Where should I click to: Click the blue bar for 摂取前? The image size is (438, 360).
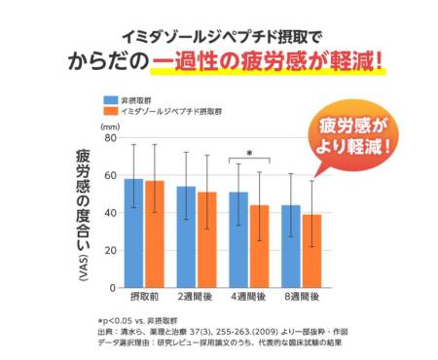(133, 234)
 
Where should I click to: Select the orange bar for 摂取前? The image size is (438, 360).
(154, 234)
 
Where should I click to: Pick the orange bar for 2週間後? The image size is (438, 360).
(206, 239)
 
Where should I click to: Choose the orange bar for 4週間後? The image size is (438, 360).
(259, 246)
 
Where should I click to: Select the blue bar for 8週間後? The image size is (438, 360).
(291, 246)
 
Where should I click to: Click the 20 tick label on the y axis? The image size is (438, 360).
(110, 250)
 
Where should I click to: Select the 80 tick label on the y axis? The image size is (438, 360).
(110, 139)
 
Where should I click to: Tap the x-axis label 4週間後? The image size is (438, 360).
(248, 296)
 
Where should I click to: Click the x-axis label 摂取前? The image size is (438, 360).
(143, 296)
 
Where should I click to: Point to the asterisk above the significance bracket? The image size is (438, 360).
(249, 154)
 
